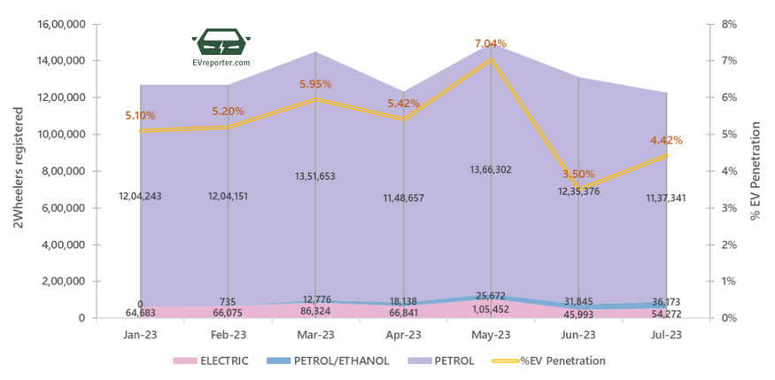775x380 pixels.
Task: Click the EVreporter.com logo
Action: pos(221,48)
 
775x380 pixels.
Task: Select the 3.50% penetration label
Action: pos(578,174)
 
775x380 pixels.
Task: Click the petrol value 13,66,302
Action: pos(490,169)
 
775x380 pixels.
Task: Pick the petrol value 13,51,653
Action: pos(315,176)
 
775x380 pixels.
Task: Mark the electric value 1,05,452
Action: pos(490,308)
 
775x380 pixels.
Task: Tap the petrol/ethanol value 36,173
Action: pos(665,301)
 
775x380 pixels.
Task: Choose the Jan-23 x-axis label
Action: pos(141,335)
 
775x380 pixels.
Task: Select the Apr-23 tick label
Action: pos(403,335)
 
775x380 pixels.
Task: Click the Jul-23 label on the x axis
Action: pos(666,335)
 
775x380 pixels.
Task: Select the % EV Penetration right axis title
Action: pos(756,170)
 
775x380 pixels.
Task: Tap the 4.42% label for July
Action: pos(665,140)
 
